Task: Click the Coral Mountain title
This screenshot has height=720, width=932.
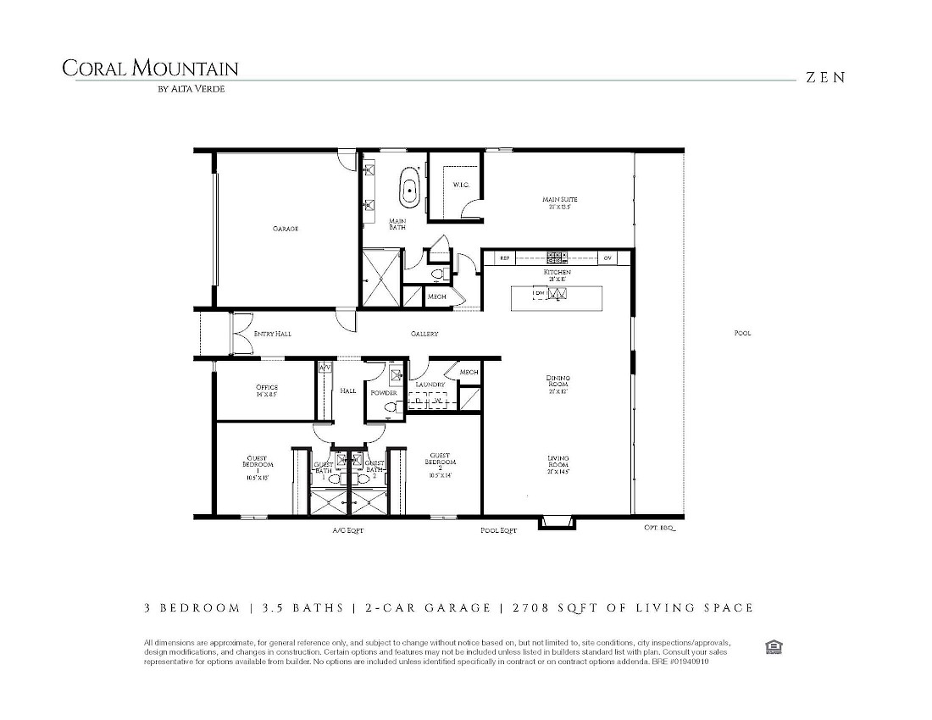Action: tap(150, 69)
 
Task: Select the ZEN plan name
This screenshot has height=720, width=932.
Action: tap(825, 77)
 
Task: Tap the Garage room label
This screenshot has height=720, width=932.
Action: tap(285, 229)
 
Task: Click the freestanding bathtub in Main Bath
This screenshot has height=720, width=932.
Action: tap(411, 189)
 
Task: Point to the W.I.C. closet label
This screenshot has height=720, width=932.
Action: tap(460, 185)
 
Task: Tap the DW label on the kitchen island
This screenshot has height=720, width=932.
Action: tap(538, 294)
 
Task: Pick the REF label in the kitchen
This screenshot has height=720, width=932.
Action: tap(505, 258)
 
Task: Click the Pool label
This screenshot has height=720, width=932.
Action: tap(742, 333)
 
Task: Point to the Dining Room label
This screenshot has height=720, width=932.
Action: tap(558, 384)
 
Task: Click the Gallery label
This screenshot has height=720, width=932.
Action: tap(424, 334)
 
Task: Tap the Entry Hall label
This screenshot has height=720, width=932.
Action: tap(272, 334)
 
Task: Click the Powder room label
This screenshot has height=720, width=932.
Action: tap(384, 393)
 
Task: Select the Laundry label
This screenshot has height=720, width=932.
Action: tap(430, 385)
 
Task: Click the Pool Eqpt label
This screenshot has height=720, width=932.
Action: tap(497, 530)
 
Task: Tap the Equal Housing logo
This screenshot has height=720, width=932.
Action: tap(773, 648)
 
